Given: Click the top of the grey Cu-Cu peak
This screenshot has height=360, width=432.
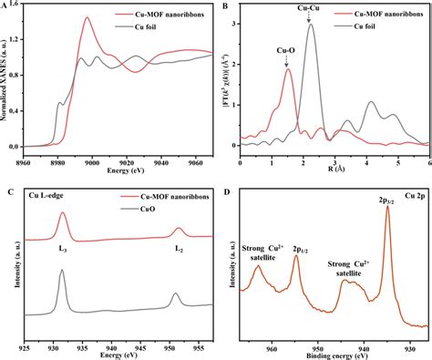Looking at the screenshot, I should pyautogui.click(x=311, y=25).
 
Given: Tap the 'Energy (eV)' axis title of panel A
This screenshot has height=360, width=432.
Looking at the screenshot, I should pyautogui.click(x=118, y=172).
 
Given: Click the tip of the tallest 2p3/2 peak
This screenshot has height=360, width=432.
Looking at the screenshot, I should pyautogui.click(x=387, y=206).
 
